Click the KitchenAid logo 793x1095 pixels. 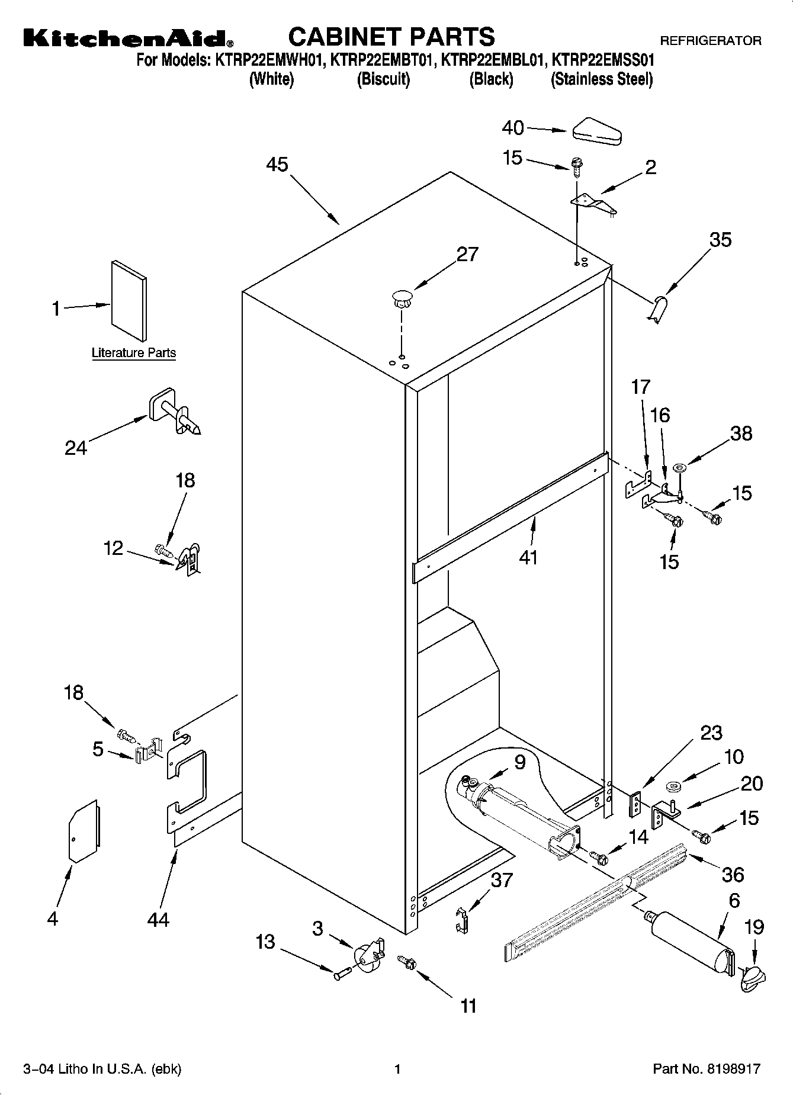(x=128, y=38)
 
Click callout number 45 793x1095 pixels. (x=277, y=164)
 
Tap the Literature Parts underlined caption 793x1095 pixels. (x=134, y=353)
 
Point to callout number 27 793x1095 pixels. (x=467, y=254)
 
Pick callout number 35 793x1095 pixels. (x=720, y=240)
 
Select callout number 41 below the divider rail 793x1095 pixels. (x=528, y=557)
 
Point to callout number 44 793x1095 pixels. (x=159, y=919)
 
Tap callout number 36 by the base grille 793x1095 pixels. (x=733, y=874)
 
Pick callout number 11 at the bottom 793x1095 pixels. (x=468, y=1006)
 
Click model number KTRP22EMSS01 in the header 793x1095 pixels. (x=603, y=60)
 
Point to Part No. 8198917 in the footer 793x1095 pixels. (x=706, y=1069)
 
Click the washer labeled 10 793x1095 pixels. (x=673, y=787)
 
